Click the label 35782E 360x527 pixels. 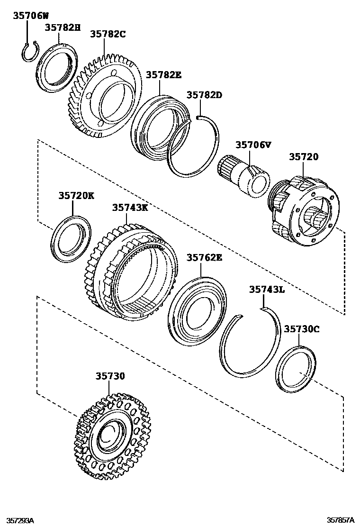(163, 75)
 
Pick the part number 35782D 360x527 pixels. (204, 95)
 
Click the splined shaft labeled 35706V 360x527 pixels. (244, 177)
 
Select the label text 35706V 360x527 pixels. (253, 145)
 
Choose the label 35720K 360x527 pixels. (77, 195)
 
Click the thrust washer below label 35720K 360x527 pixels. (71, 238)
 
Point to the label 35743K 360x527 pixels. (130, 208)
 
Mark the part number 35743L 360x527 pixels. (267, 290)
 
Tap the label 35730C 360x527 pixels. (302, 329)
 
